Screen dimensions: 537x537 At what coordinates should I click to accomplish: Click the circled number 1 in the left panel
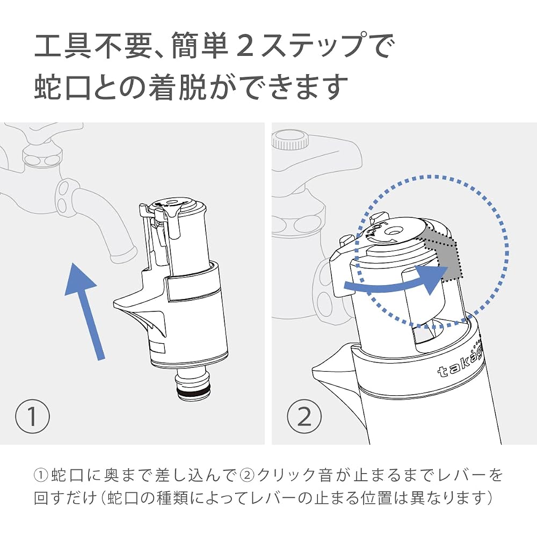[33, 416]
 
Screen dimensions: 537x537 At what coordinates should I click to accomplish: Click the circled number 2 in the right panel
[304, 416]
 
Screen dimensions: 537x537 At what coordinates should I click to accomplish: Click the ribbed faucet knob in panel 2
[290, 140]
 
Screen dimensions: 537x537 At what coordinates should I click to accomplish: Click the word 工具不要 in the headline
[92, 45]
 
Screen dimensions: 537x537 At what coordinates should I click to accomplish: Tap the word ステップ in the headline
[324, 45]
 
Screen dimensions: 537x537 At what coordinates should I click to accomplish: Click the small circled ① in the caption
[41, 475]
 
